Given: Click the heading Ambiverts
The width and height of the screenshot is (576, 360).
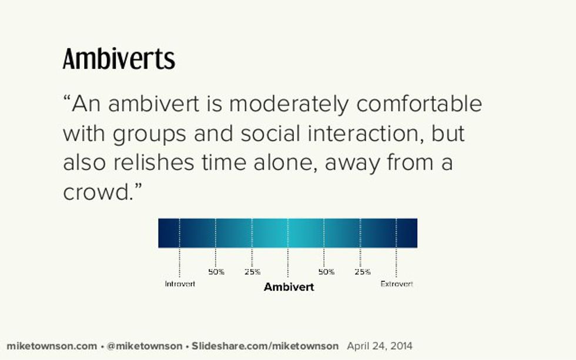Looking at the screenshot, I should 119,59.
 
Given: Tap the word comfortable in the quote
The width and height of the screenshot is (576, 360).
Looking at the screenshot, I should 419,105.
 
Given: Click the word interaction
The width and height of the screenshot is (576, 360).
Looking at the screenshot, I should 360,133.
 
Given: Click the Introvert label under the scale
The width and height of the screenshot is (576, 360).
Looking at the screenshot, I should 180,284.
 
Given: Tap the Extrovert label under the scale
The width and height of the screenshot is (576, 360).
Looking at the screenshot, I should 397,284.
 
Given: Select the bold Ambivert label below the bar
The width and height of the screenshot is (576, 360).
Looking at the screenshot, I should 289,287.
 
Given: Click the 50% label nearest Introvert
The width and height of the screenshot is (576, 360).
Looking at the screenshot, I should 216,272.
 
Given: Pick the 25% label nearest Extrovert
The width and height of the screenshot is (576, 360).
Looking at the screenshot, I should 362,272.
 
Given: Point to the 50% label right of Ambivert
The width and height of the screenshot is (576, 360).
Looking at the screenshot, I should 326,272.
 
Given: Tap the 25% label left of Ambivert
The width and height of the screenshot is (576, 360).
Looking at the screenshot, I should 252,272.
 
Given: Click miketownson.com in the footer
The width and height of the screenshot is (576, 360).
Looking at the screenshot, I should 52,346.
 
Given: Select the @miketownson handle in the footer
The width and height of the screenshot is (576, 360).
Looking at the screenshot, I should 144,346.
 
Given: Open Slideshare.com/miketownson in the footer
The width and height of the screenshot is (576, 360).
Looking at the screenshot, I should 265,346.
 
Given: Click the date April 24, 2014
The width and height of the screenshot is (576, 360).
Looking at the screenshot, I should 380,346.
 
